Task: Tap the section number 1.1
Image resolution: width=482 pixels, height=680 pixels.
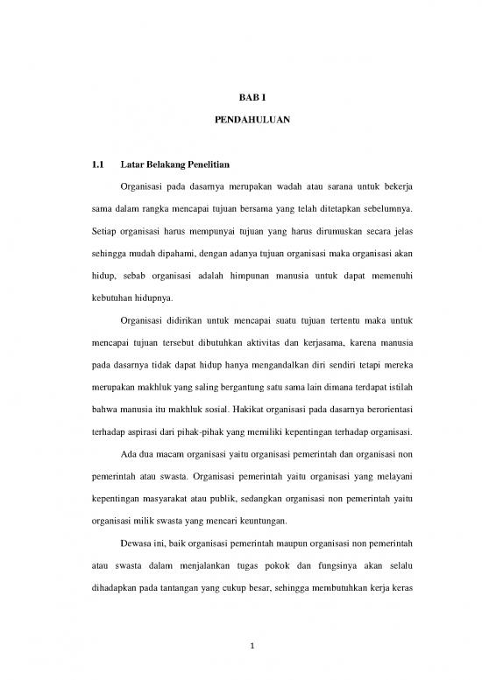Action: (x=97, y=164)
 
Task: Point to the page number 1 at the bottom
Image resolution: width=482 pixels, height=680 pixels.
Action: (x=241, y=647)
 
